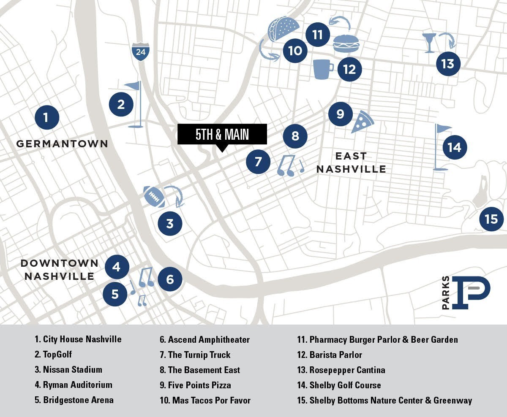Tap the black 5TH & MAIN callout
pyautogui.click(x=222, y=134)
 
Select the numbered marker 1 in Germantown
pyautogui.click(x=46, y=117)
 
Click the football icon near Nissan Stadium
pyautogui.click(x=154, y=197)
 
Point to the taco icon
pyautogui.click(x=283, y=30)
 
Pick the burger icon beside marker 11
pyautogui.click(x=346, y=43)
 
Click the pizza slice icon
pyautogui.click(x=362, y=122)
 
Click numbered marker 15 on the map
pyautogui.click(x=491, y=219)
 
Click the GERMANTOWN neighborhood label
pyautogui.click(x=62, y=144)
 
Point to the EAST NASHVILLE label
pyautogui.click(x=351, y=163)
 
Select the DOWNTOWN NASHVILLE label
pyautogui.click(x=60, y=270)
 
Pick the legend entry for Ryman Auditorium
pyautogui.click(x=74, y=385)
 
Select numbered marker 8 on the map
pyautogui.click(x=295, y=136)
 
